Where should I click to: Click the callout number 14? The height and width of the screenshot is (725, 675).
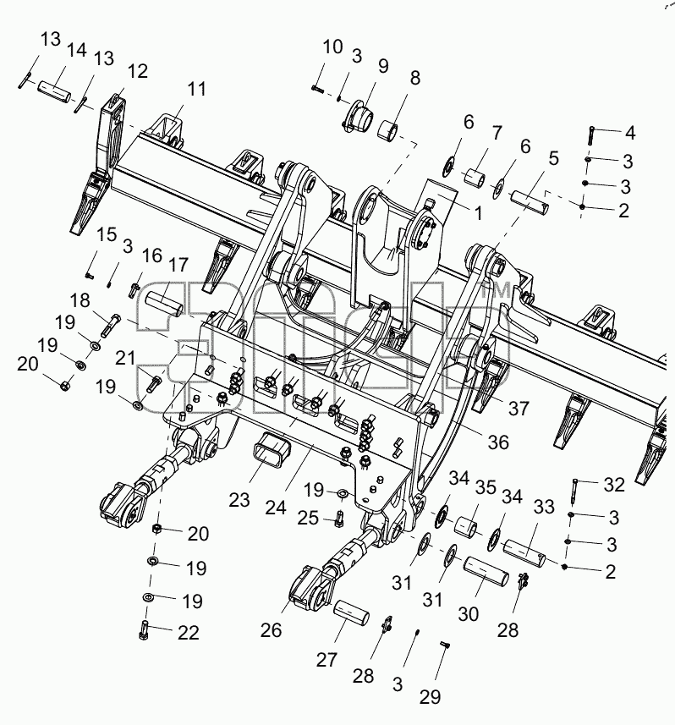pyautogui.click(x=77, y=49)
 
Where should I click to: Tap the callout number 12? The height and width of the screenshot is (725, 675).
pyautogui.click(x=137, y=71)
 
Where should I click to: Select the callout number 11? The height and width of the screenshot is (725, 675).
pyautogui.click(x=197, y=88)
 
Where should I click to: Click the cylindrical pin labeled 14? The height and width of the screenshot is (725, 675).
pyautogui.click(x=54, y=91)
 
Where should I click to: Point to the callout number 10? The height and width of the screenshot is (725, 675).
pyautogui.click(x=332, y=47)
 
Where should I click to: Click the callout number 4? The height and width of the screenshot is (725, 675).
pyautogui.click(x=629, y=133)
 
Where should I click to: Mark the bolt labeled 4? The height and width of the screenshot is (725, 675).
pyautogui.click(x=591, y=135)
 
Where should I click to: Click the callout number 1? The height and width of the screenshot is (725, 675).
pyautogui.click(x=479, y=214)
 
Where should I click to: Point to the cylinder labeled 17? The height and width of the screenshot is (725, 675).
pyautogui.click(x=163, y=304)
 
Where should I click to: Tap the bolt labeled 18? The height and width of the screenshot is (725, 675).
pyautogui.click(x=110, y=325)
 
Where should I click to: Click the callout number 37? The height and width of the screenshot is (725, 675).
pyautogui.click(x=519, y=409)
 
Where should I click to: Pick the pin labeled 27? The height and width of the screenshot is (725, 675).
pyautogui.click(x=351, y=612)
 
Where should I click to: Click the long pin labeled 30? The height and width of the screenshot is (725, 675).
pyautogui.click(x=486, y=570)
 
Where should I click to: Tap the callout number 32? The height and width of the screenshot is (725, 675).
pyautogui.click(x=614, y=484)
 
